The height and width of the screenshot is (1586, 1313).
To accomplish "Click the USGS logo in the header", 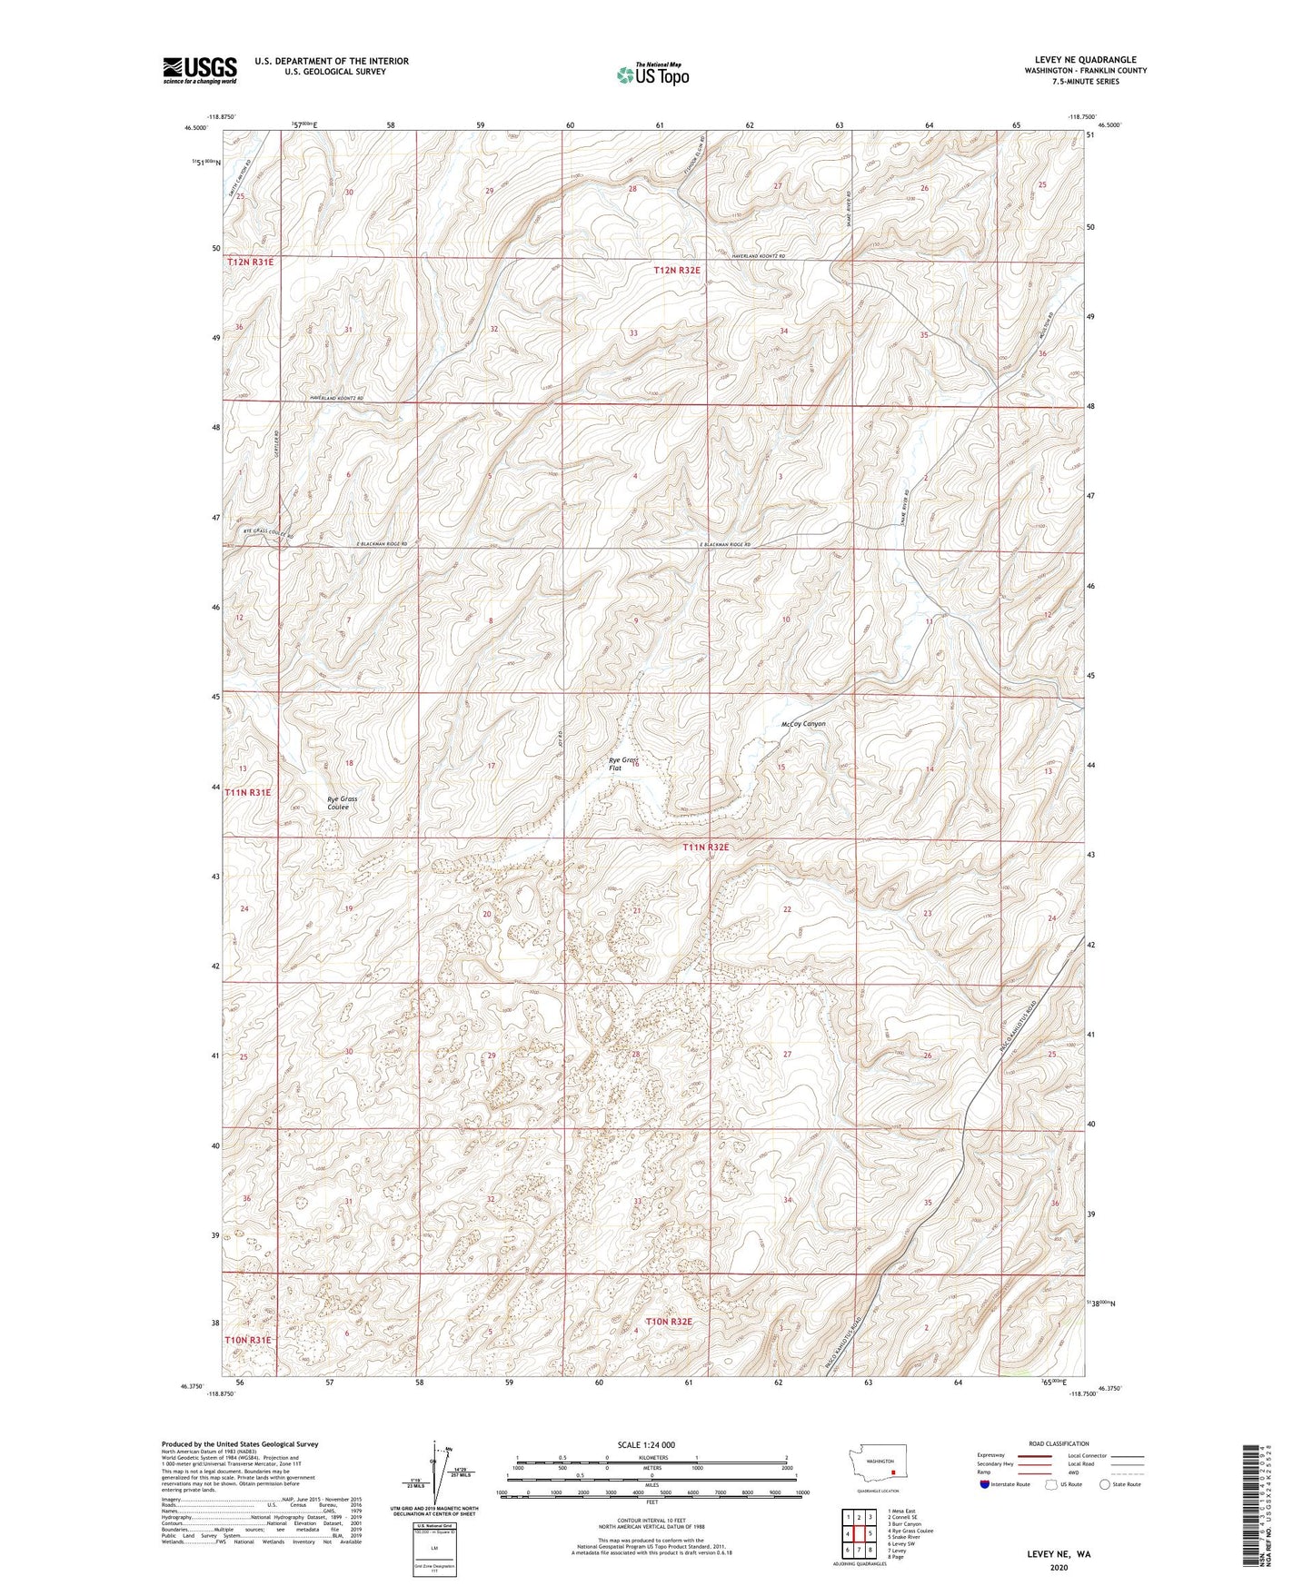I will pos(200,70).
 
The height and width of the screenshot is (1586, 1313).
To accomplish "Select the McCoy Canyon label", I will pos(802,724).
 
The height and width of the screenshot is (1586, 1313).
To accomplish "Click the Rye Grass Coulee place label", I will pos(342,803).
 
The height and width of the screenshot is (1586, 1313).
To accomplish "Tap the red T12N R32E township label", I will pos(677,270).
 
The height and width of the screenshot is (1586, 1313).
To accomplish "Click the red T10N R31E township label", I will pos(248,1340).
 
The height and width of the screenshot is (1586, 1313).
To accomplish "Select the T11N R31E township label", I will pos(248,792).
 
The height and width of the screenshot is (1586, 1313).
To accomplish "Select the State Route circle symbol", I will pos(1105,1510).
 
